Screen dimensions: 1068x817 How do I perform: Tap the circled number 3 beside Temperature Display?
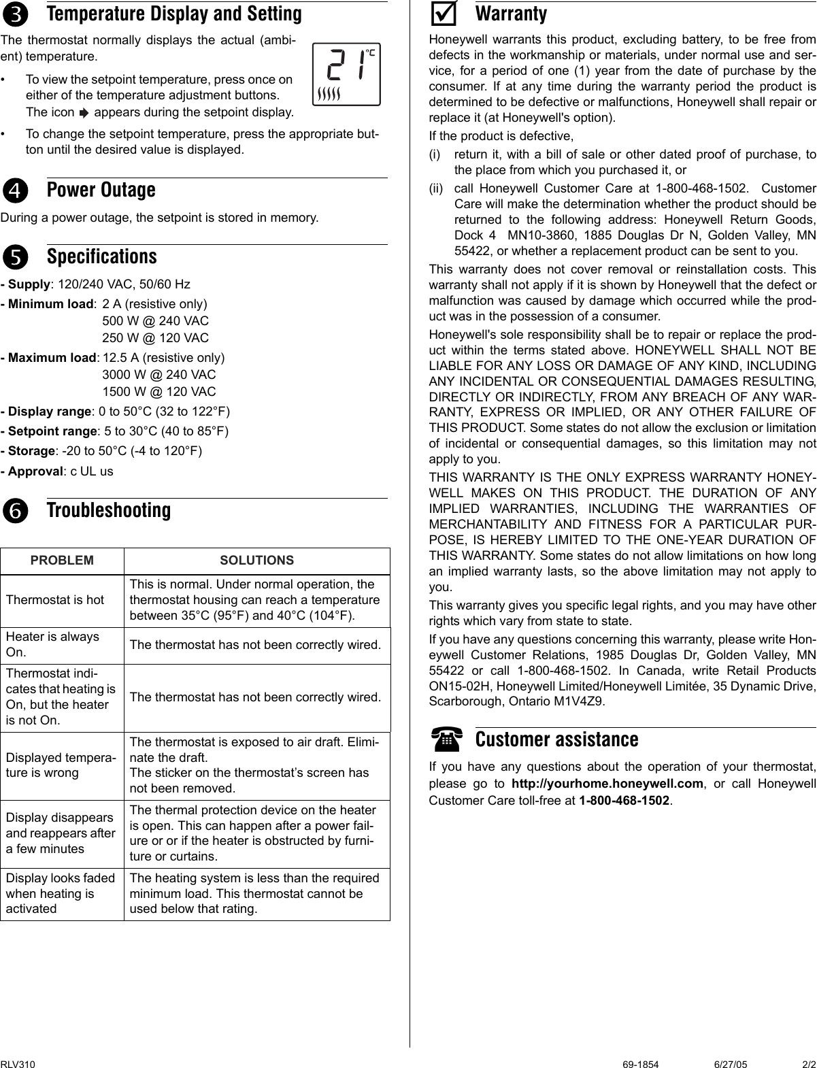[x=15, y=14]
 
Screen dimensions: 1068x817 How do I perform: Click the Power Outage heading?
[x=101, y=190]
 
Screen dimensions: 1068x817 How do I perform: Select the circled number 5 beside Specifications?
[x=15, y=258]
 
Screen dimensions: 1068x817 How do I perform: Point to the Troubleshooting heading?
[x=109, y=510]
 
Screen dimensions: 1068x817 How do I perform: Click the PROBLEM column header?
[x=62, y=561]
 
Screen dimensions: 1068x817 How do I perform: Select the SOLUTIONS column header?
[x=256, y=561]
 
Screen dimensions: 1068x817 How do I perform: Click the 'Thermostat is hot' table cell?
[x=55, y=600]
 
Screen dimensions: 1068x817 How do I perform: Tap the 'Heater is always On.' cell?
[x=52, y=644]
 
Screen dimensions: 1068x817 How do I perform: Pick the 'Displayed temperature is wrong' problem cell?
[x=61, y=765]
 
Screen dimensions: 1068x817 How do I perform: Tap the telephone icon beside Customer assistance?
[x=447, y=738]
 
